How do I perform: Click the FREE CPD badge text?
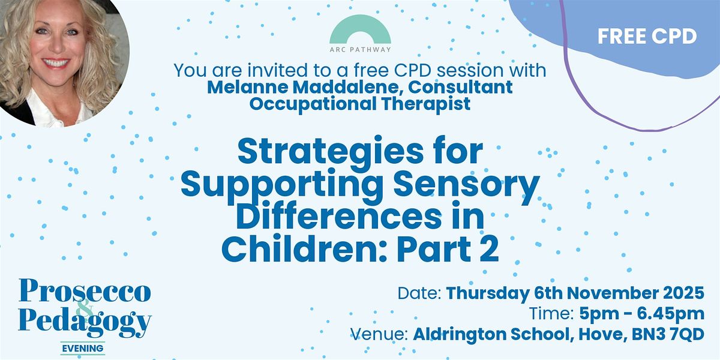pos(647,36)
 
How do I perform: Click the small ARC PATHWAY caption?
pos(360,50)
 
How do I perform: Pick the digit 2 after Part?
pos(490,250)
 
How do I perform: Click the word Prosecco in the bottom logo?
pos(85,292)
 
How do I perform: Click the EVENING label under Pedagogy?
pos(83,348)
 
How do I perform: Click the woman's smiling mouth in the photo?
pos(56,62)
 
